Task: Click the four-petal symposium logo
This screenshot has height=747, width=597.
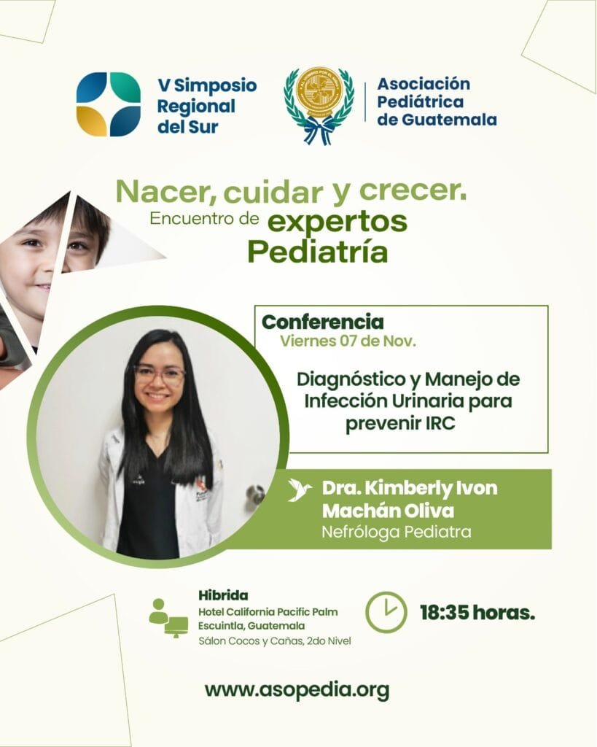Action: click(x=109, y=104)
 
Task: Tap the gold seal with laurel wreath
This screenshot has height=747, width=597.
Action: click(x=319, y=105)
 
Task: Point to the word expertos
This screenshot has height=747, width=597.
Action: click(x=337, y=222)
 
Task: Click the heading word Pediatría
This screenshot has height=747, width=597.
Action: click(x=318, y=252)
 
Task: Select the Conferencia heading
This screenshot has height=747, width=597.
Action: click(x=323, y=322)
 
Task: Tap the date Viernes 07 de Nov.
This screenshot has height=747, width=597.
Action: click(x=348, y=341)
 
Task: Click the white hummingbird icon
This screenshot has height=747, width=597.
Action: click(x=300, y=490)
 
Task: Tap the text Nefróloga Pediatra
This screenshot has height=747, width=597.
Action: click(x=397, y=532)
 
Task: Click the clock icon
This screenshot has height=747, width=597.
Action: click(x=386, y=612)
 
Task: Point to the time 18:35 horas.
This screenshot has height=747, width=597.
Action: click(x=477, y=613)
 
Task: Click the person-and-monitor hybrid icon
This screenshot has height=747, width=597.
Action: click(x=168, y=618)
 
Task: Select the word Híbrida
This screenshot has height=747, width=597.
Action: click(x=223, y=595)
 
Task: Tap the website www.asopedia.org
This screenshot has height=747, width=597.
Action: click(x=297, y=690)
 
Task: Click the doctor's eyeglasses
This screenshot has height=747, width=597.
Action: click(x=160, y=375)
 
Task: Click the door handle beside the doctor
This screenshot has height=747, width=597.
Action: click(x=255, y=494)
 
